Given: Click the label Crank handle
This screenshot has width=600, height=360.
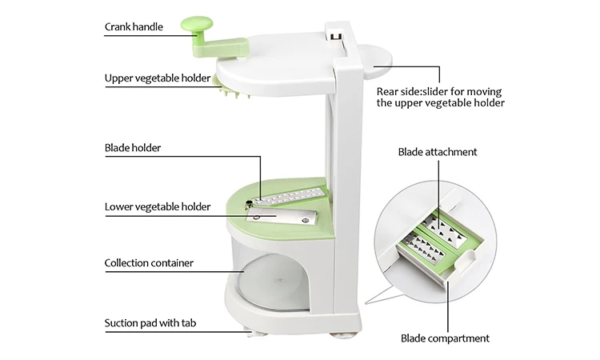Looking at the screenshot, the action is click(x=134, y=27).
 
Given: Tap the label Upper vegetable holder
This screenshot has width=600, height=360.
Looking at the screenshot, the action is click(x=158, y=78).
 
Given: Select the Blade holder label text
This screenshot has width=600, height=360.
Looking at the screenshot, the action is click(x=133, y=148).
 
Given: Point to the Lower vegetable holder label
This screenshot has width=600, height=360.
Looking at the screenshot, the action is click(x=158, y=206).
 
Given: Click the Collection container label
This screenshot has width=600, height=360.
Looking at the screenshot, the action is click(x=149, y=262).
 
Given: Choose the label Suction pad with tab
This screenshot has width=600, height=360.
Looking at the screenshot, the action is click(x=151, y=324).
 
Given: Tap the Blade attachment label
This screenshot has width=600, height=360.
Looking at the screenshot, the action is click(x=438, y=152).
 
